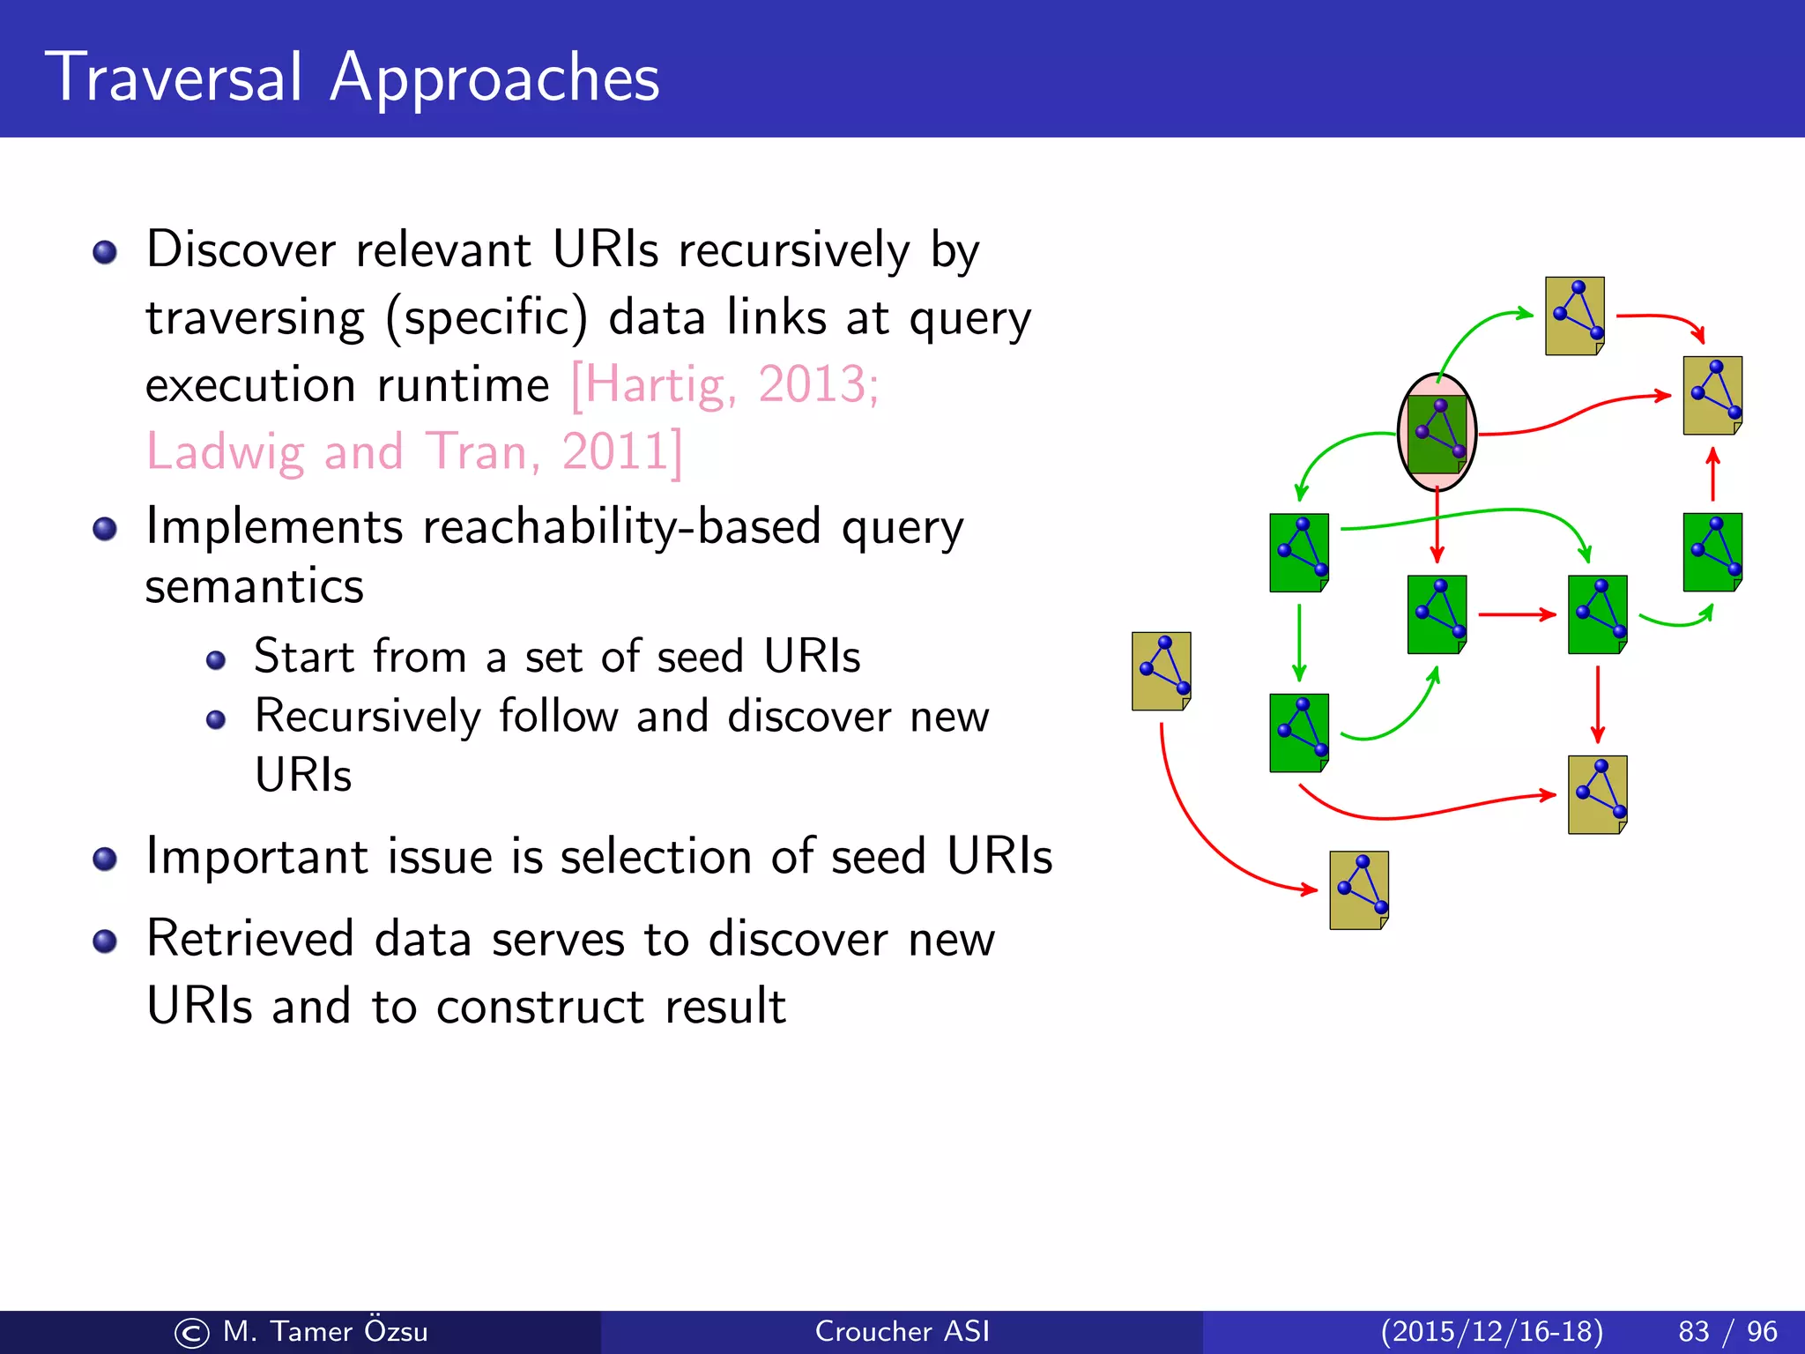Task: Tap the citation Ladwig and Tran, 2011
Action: [412, 452]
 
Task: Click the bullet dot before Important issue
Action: [105, 859]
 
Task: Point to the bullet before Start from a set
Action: [216, 660]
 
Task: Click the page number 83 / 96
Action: [1727, 1331]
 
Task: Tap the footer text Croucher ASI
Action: [902, 1331]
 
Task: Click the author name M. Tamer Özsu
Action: [324, 1331]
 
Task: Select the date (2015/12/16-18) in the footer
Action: [1491, 1331]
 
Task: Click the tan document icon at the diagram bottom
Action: [1359, 890]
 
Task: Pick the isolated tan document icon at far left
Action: [1161, 671]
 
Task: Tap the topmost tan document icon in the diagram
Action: [1574, 316]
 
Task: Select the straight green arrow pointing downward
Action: [1299, 642]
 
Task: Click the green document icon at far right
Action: [1712, 552]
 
